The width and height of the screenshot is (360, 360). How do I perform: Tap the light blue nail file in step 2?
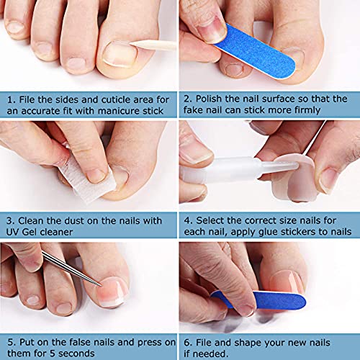pos(255,51)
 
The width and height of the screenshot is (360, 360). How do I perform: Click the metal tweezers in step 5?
pos(72,269)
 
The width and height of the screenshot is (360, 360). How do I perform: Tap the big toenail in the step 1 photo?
pos(120,54)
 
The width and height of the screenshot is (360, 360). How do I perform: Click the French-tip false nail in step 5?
pos(113,292)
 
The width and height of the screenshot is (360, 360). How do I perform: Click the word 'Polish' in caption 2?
pos(208,99)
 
